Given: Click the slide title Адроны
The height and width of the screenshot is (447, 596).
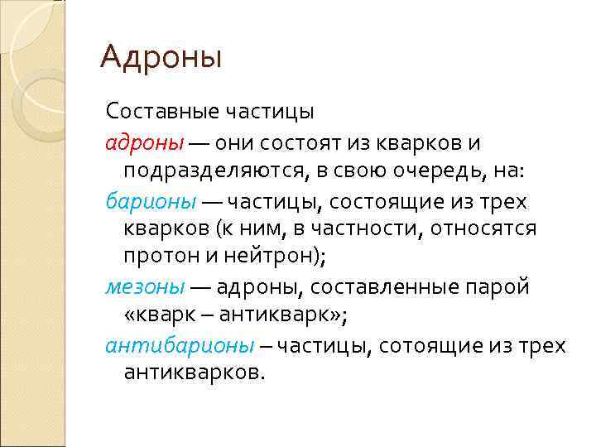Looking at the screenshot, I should point(161,57).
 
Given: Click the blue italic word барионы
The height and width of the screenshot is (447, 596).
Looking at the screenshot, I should point(151,201).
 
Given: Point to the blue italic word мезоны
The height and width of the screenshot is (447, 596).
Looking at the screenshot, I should point(145,286).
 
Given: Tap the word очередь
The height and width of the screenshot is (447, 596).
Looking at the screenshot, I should point(406,171).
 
